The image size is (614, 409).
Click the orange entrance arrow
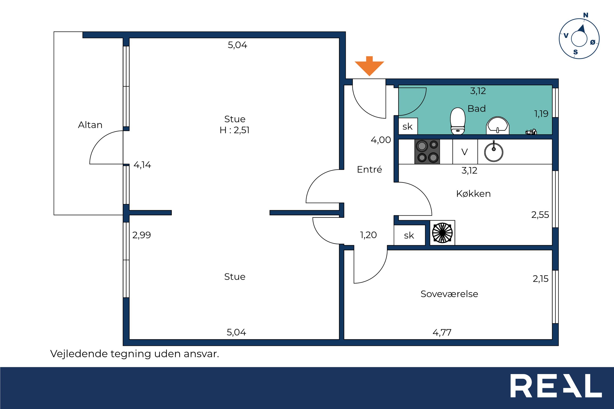[x=369, y=66]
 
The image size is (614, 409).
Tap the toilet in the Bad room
[x=458, y=121]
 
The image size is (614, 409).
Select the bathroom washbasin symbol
[x=498, y=126]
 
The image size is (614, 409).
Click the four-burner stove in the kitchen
[x=427, y=152]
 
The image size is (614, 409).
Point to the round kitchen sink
[x=494, y=152]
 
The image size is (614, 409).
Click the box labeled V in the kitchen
[x=465, y=152]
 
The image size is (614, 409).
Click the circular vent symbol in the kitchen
[x=442, y=233]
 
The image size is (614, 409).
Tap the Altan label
[x=90, y=125]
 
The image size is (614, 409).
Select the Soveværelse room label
[x=449, y=294]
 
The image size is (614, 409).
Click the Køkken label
[x=473, y=194]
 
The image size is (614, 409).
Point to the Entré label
[x=369, y=169]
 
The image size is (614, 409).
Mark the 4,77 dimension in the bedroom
[x=442, y=332]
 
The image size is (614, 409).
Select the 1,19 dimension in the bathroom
[x=541, y=114]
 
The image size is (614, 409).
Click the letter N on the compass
[x=586, y=15]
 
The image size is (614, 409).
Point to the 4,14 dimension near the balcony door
[x=142, y=165]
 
